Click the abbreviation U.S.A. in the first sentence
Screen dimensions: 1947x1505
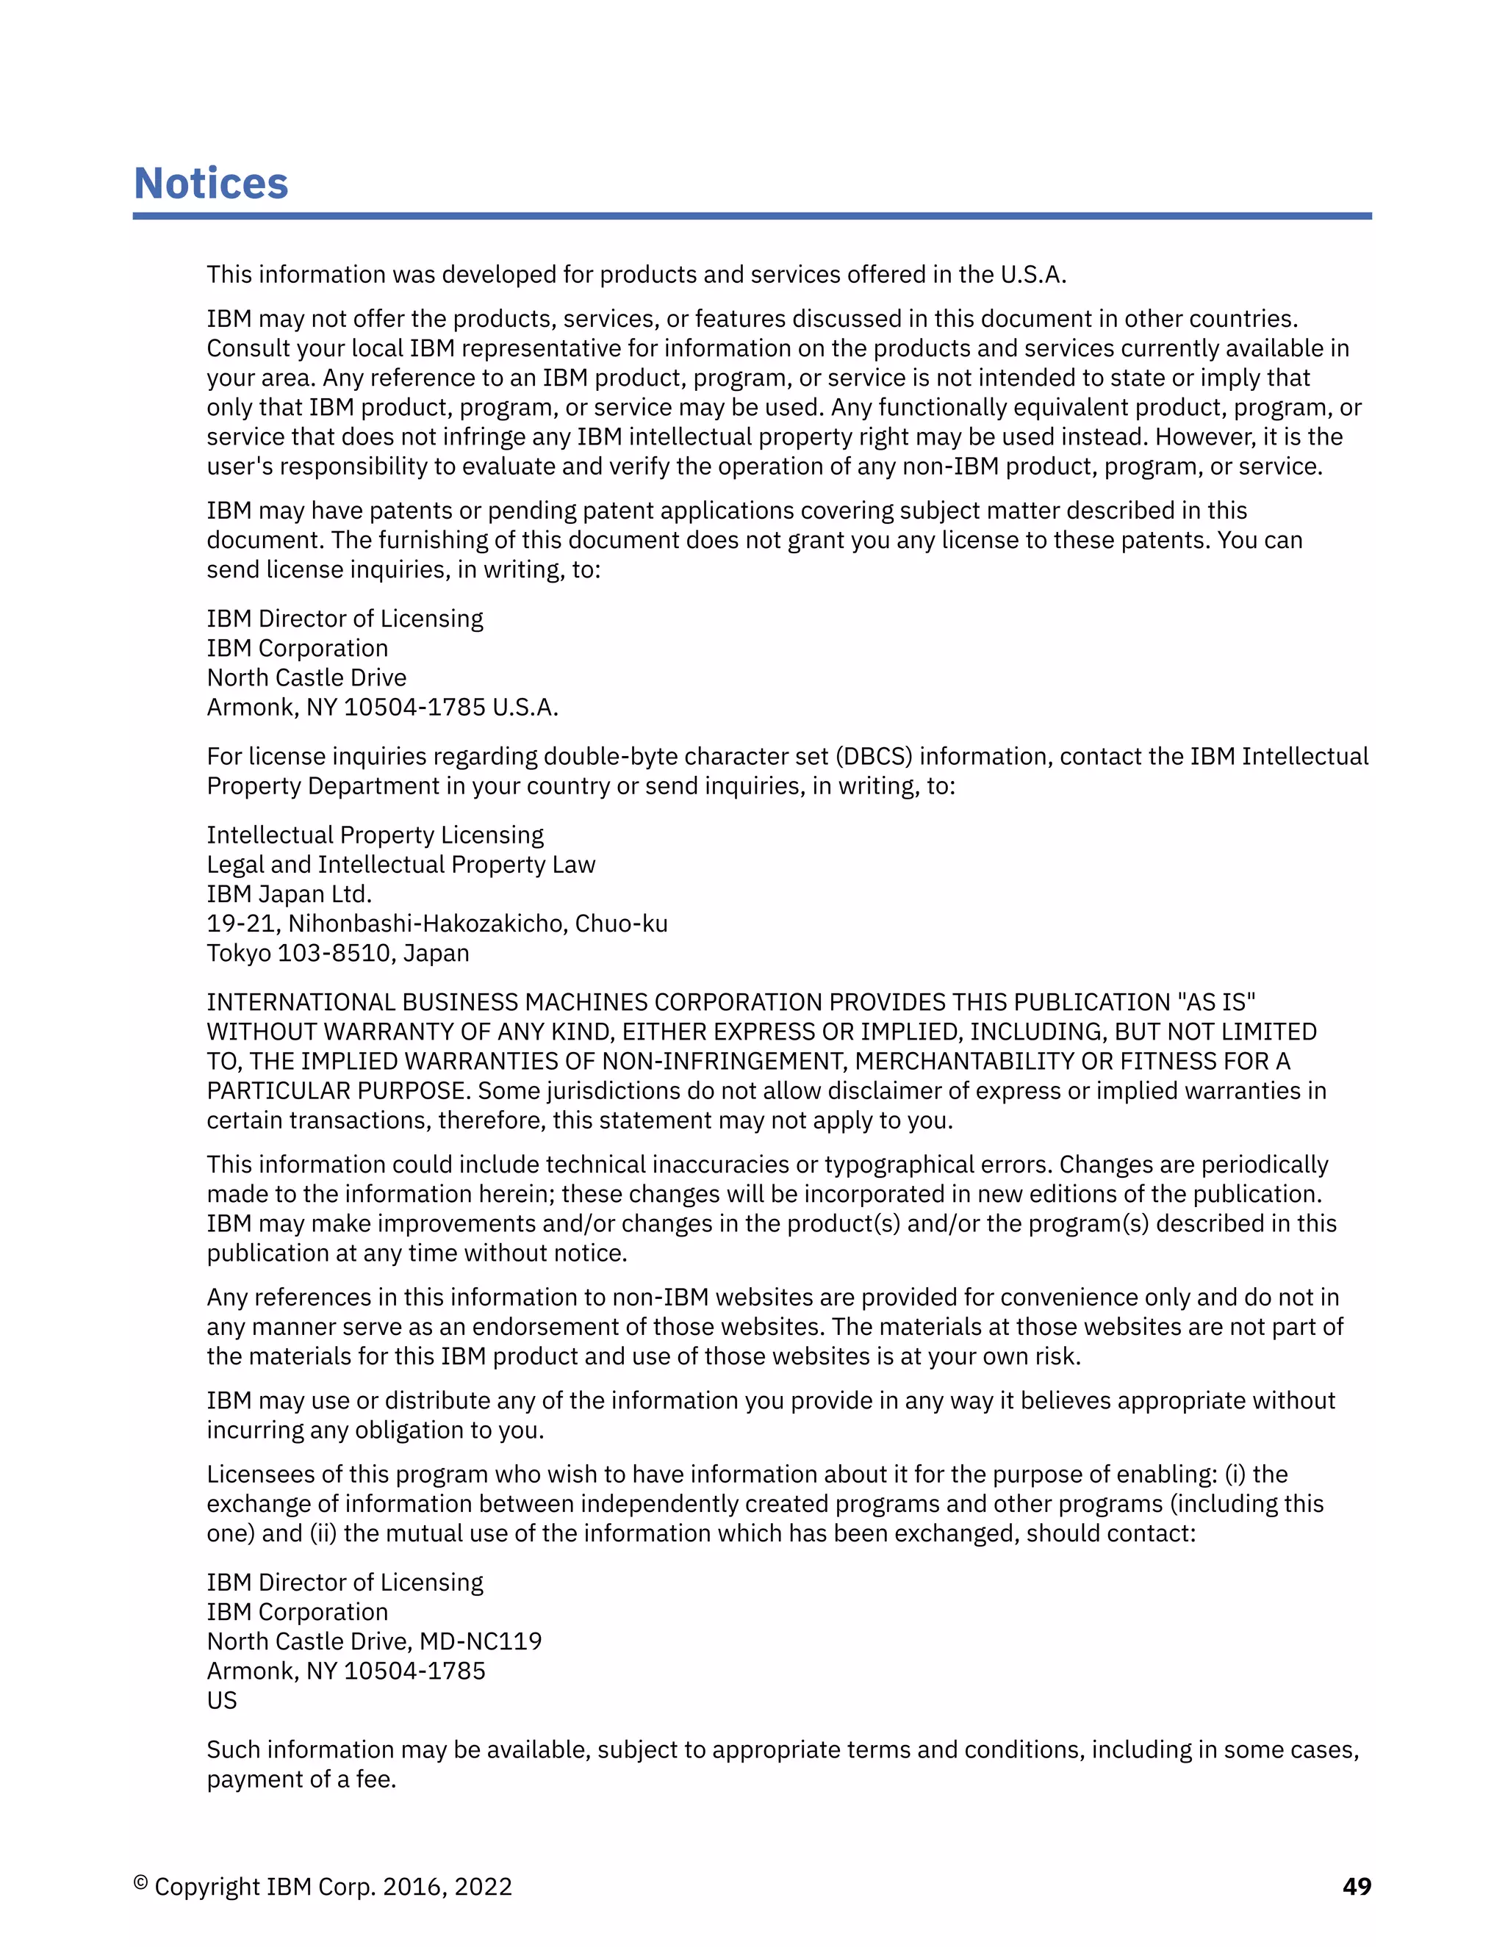1032,275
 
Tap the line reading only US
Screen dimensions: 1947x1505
222,1700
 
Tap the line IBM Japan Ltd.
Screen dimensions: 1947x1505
289,894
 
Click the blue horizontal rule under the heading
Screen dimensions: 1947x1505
752,216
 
